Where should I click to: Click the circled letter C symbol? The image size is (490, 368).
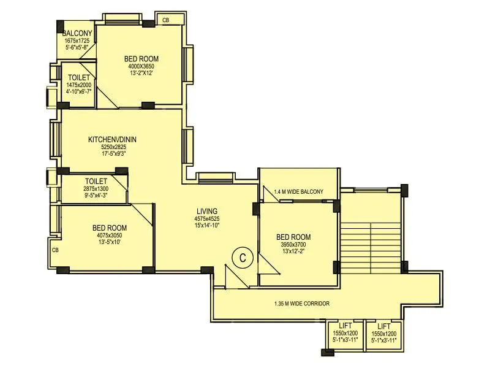pos(242,258)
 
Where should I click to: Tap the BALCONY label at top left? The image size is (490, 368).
pos(77,33)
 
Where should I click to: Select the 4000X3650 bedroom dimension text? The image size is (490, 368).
pos(141,66)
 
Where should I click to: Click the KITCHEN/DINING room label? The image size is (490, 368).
pos(113,139)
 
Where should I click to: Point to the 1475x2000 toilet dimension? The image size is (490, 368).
pos(79,86)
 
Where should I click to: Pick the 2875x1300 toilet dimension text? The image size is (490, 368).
pos(96,190)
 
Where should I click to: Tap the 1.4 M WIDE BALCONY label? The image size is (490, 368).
pos(298,192)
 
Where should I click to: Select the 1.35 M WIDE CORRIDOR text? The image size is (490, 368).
pos(302,304)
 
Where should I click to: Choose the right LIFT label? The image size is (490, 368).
pos(384,326)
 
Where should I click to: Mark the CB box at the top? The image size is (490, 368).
pos(165,20)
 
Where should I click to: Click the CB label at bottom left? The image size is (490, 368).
pos(55,250)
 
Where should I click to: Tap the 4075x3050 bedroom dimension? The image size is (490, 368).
pos(110,234)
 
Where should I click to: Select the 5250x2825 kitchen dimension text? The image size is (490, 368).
pos(113,147)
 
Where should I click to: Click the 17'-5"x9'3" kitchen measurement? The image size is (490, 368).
pos(113,155)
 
